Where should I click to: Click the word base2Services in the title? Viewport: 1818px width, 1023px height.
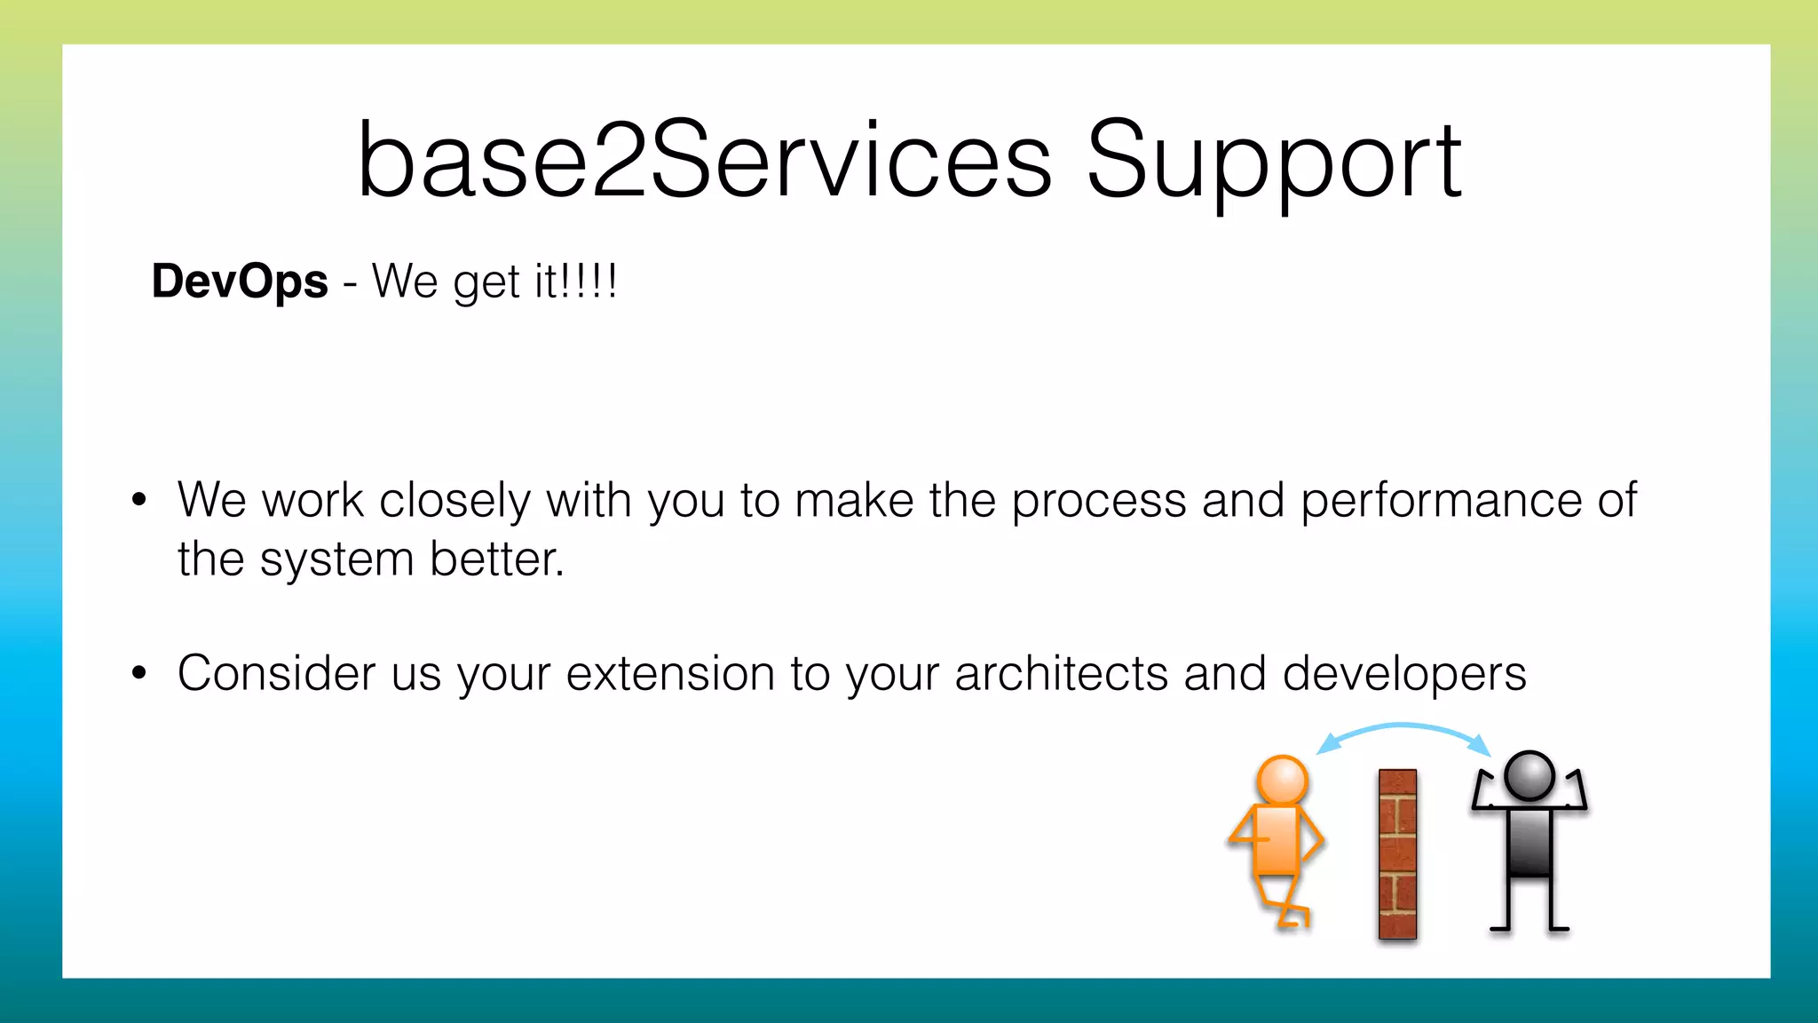704,162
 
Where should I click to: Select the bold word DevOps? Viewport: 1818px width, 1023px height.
240,282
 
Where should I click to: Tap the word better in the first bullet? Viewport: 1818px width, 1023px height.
497,559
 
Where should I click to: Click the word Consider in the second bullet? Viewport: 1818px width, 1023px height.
276,673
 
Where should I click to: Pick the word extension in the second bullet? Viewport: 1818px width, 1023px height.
670,673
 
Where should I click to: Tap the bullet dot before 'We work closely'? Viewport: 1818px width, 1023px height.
138,499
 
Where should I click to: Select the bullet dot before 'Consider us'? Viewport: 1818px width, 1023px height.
138,672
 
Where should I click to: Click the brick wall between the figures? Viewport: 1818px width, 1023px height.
1397,853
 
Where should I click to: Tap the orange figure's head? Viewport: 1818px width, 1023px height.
1282,781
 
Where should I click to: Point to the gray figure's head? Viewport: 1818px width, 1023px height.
1529,775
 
